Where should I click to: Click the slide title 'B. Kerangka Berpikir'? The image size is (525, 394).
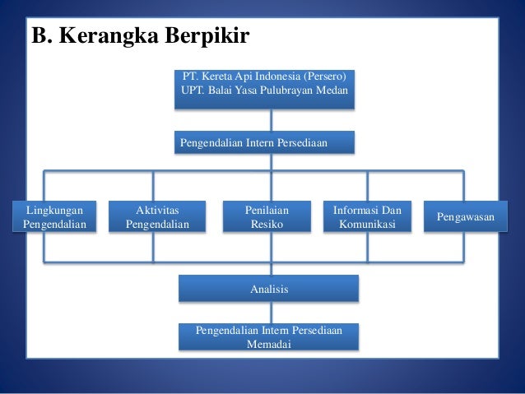140,37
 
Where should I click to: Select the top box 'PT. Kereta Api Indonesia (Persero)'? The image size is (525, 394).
265,90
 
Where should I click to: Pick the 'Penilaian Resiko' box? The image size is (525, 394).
267,217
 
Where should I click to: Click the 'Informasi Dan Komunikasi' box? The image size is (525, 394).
367,217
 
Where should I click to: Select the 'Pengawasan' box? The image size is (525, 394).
460,217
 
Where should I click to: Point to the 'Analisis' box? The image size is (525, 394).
269,289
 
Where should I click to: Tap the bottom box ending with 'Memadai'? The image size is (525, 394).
269,337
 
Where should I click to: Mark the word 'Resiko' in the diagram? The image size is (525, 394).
267,225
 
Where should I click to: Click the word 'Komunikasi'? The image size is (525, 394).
367,225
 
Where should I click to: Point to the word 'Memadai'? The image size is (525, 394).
268,345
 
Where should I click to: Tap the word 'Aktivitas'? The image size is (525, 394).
157,210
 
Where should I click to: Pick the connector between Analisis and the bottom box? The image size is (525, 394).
270,313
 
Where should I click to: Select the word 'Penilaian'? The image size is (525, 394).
267,210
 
